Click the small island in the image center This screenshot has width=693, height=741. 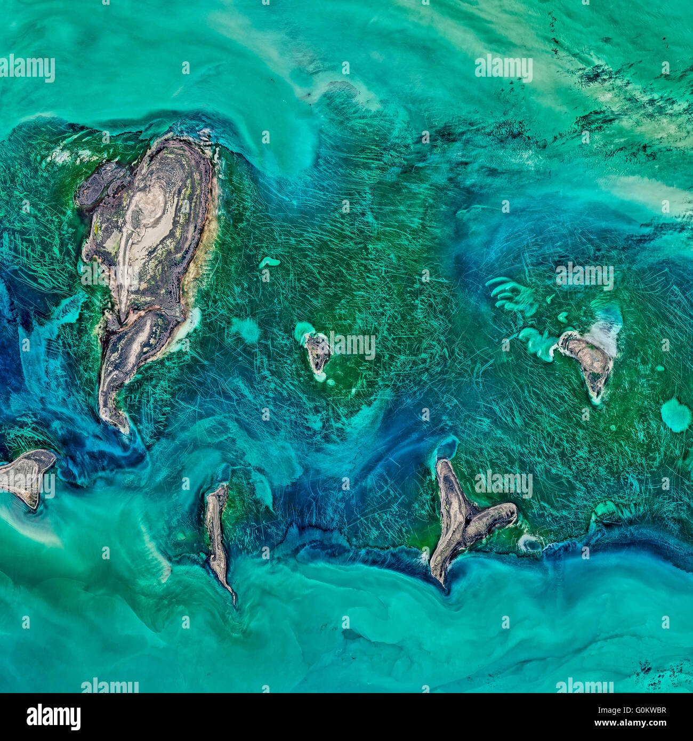coord(318,352)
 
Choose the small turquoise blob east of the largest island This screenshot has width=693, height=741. coord(270,262)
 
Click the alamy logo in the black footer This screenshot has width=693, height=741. coord(53,716)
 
